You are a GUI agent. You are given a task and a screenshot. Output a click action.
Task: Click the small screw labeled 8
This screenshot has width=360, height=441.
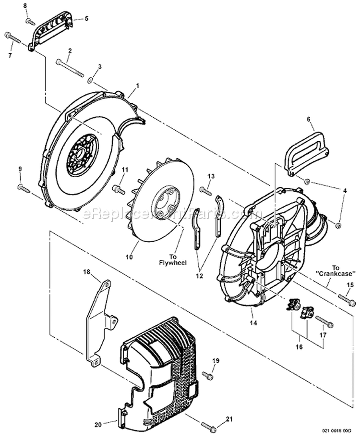click(x=30, y=21)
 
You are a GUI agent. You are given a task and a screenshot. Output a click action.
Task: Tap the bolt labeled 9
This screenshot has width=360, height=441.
click(x=23, y=187)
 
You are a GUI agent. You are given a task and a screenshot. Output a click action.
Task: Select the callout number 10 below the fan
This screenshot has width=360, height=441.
click(x=129, y=257)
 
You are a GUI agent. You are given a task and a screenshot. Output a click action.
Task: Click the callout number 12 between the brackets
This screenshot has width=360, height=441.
click(x=199, y=276)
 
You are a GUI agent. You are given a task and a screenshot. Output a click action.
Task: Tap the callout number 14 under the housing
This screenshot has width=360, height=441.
click(x=253, y=322)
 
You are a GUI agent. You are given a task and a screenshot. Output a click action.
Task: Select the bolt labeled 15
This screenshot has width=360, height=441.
click(x=347, y=301)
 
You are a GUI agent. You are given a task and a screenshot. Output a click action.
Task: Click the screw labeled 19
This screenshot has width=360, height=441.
click(x=208, y=375)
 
